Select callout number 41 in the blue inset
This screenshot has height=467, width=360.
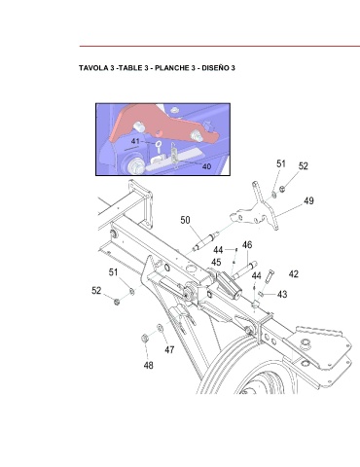135,141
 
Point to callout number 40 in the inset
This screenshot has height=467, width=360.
206,166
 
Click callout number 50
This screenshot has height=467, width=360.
185,220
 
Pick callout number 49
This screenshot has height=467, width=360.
308,200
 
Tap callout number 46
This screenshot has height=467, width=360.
247,244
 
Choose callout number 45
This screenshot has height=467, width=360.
216,262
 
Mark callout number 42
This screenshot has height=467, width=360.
294,274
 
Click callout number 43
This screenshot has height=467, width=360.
282,294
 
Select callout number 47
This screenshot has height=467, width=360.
169,349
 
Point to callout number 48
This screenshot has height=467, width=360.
148,365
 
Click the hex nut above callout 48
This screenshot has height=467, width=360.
145,339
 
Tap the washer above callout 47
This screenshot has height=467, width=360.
161,328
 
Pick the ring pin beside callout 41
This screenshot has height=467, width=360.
159,147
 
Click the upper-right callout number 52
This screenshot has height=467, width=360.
303,165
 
